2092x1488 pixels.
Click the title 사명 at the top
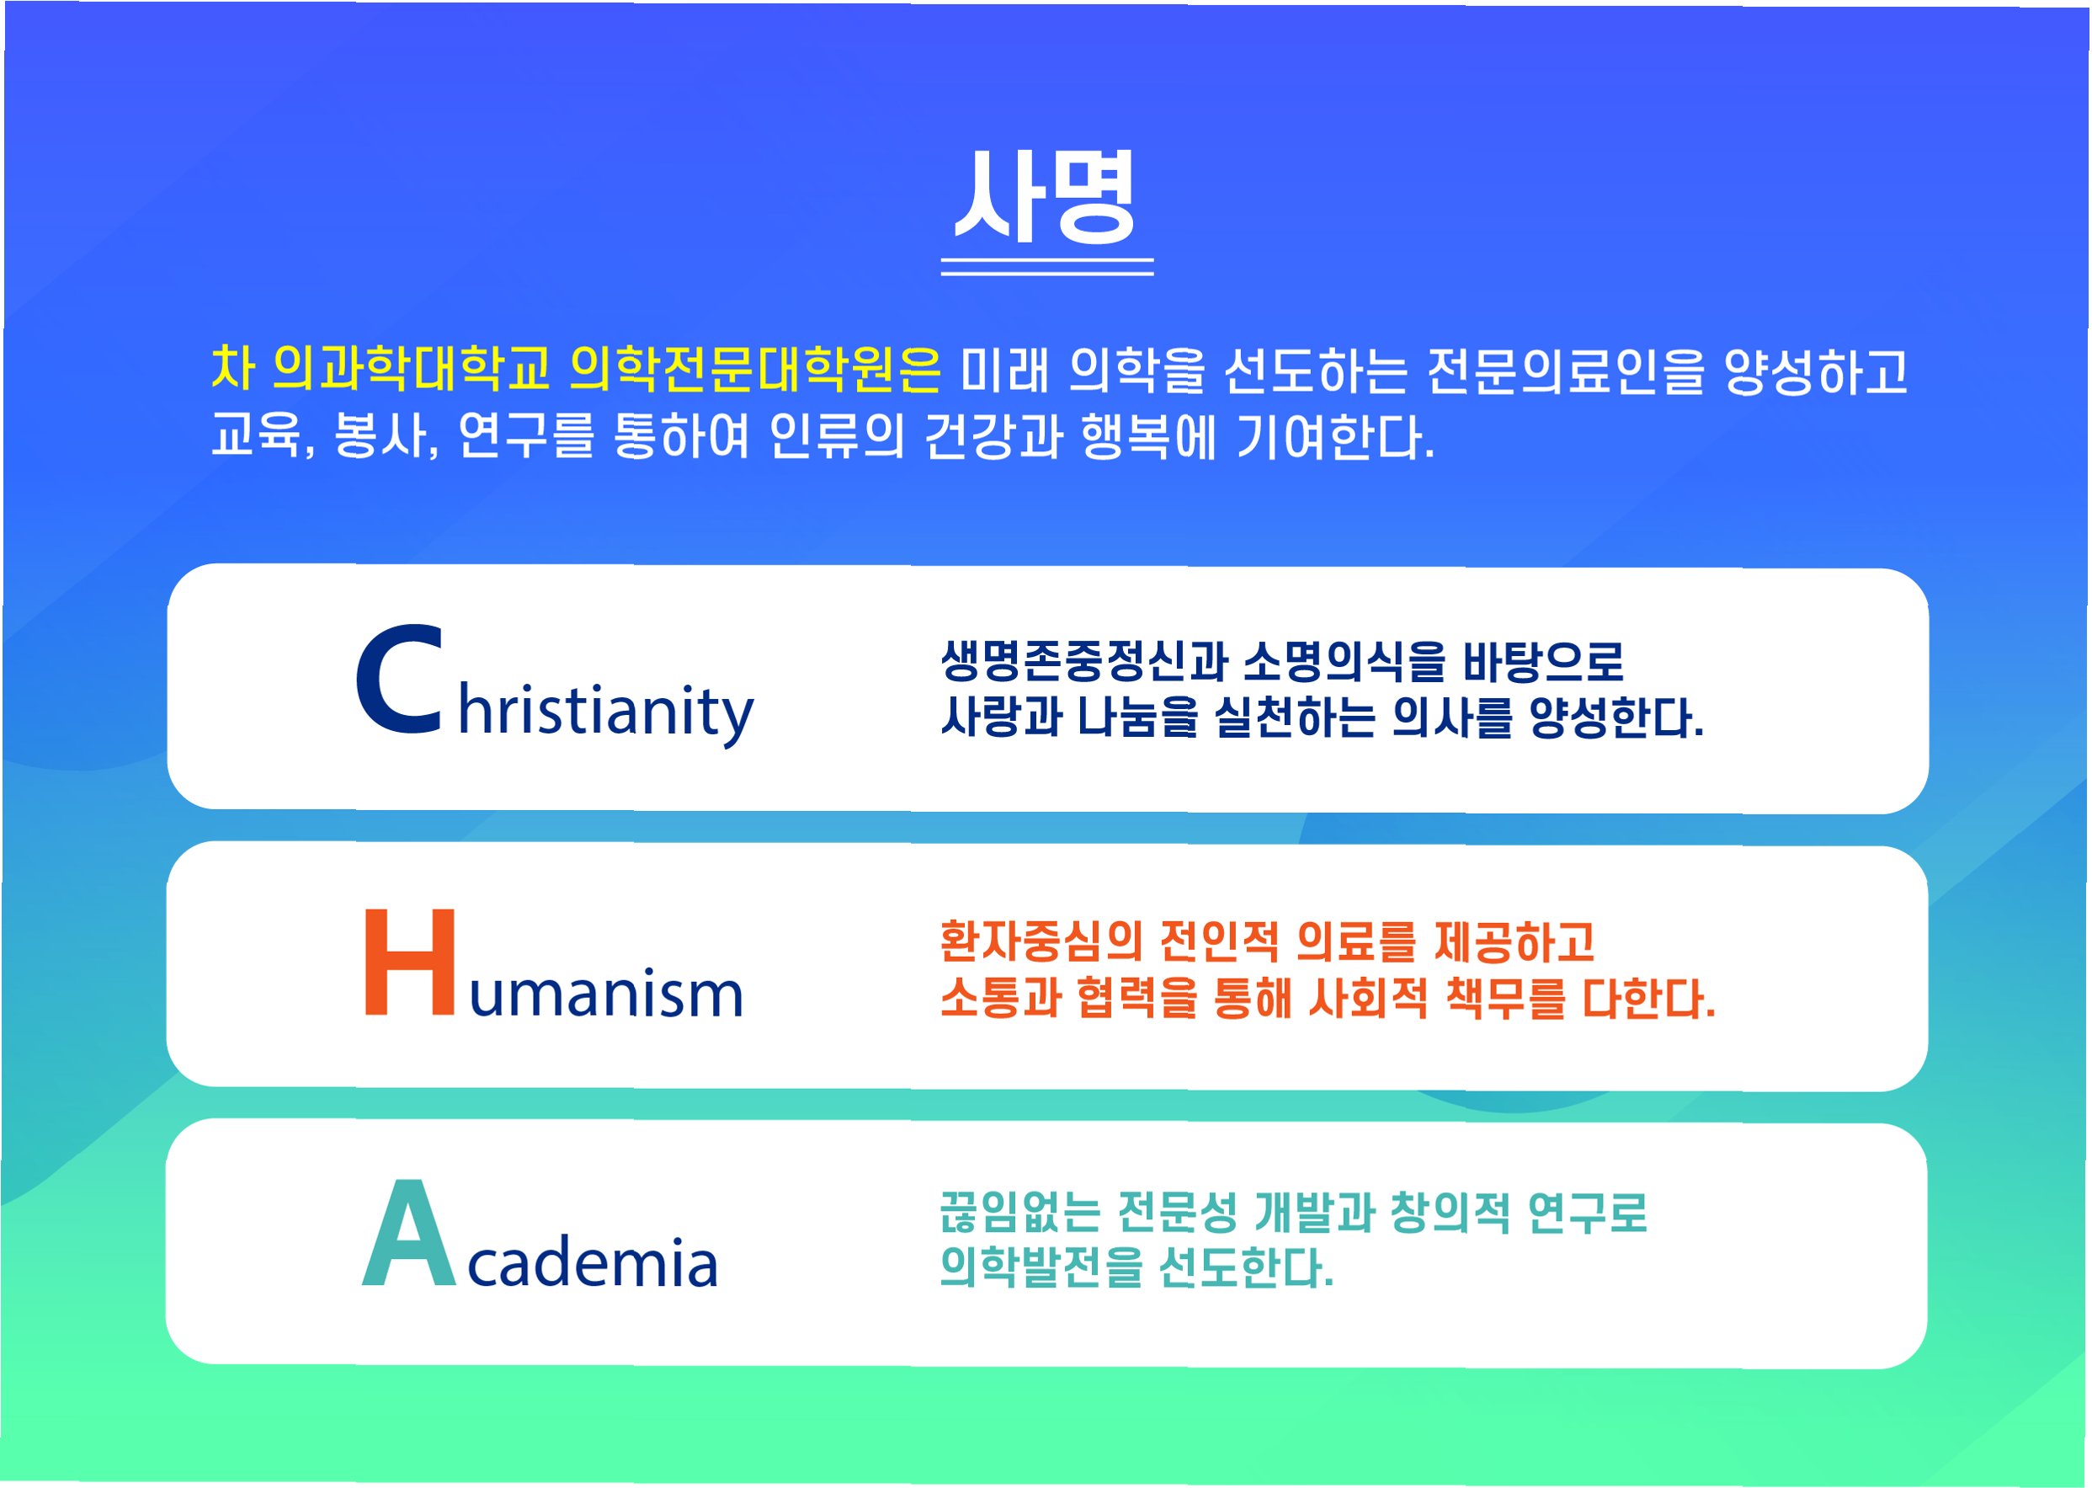[1045, 196]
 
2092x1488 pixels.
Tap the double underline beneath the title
[1047, 267]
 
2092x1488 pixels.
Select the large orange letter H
[409, 962]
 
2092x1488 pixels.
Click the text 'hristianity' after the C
[605, 714]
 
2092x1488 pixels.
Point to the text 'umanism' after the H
[605, 993]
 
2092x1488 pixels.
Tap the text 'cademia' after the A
[592, 1261]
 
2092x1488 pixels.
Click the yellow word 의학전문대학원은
[755, 369]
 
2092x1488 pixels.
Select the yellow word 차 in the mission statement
[232, 368]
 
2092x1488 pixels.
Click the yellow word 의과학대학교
[412, 369]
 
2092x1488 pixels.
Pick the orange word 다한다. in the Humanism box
[1648, 998]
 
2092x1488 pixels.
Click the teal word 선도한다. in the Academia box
[1246, 1268]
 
